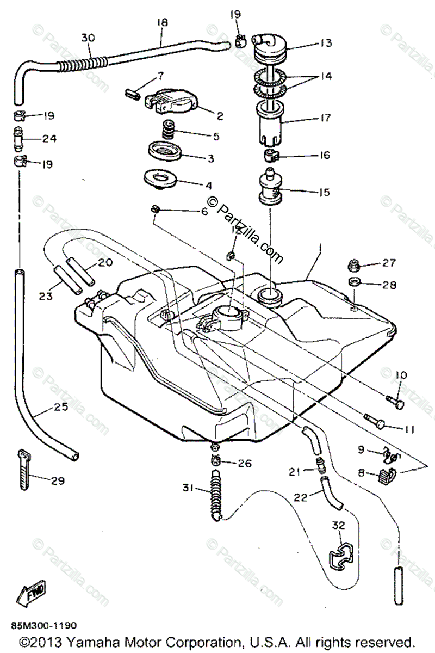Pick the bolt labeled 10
pyautogui.click(x=395, y=402)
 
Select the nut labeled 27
pyautogui.click(x=354, y=266)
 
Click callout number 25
pyautogui.click(x=61, y=406)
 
